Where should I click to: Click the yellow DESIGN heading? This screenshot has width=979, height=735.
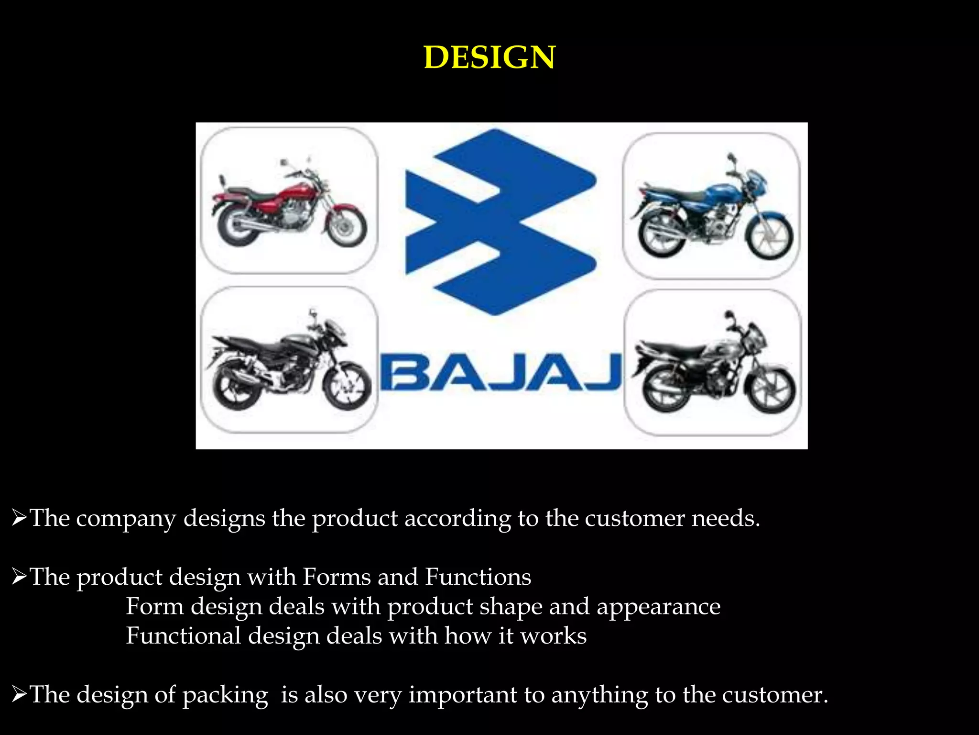point(489,57)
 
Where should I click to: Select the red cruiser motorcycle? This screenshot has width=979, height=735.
point(289,206)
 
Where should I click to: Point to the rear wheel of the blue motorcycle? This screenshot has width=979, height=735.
point(659,235)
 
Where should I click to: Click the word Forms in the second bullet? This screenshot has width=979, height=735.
point(337,577)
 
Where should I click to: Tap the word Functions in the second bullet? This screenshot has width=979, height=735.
point(478,577)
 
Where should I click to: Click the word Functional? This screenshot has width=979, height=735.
point(183,636)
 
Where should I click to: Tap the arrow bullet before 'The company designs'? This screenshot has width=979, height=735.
point(19,518)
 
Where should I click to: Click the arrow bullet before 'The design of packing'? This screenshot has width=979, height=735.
point(19,695)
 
